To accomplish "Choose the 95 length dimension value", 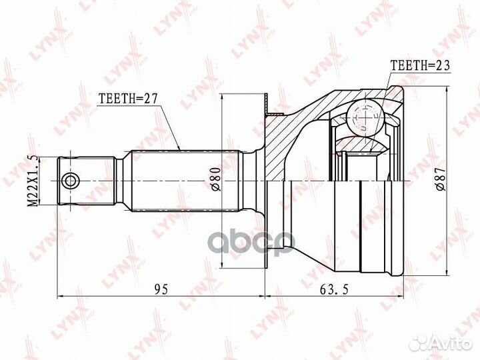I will (x=161, y=289).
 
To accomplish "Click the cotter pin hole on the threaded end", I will (x=69, y=180).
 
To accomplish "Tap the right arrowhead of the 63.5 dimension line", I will (x=402, y=295).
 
